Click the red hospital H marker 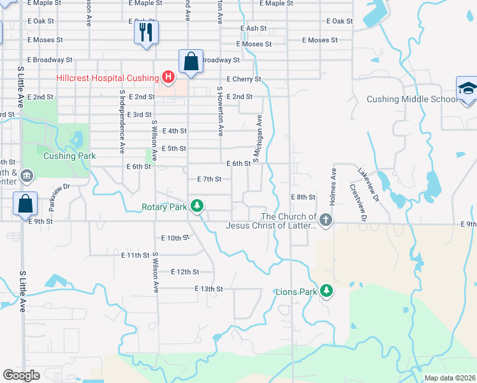coord(168,79)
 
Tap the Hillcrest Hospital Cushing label coord(106,79)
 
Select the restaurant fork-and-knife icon coord(146,31)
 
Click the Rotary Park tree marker coord(198,206)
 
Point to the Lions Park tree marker coord(327,292)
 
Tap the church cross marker coord(326,221)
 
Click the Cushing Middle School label coord(412,99)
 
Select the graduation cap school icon coord(467,89)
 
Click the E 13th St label coord(209,289)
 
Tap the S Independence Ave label coord(121,121)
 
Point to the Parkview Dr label coord(57,187)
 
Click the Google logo coord(21,375)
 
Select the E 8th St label coord(303,197)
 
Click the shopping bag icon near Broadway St coord(191,62)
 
